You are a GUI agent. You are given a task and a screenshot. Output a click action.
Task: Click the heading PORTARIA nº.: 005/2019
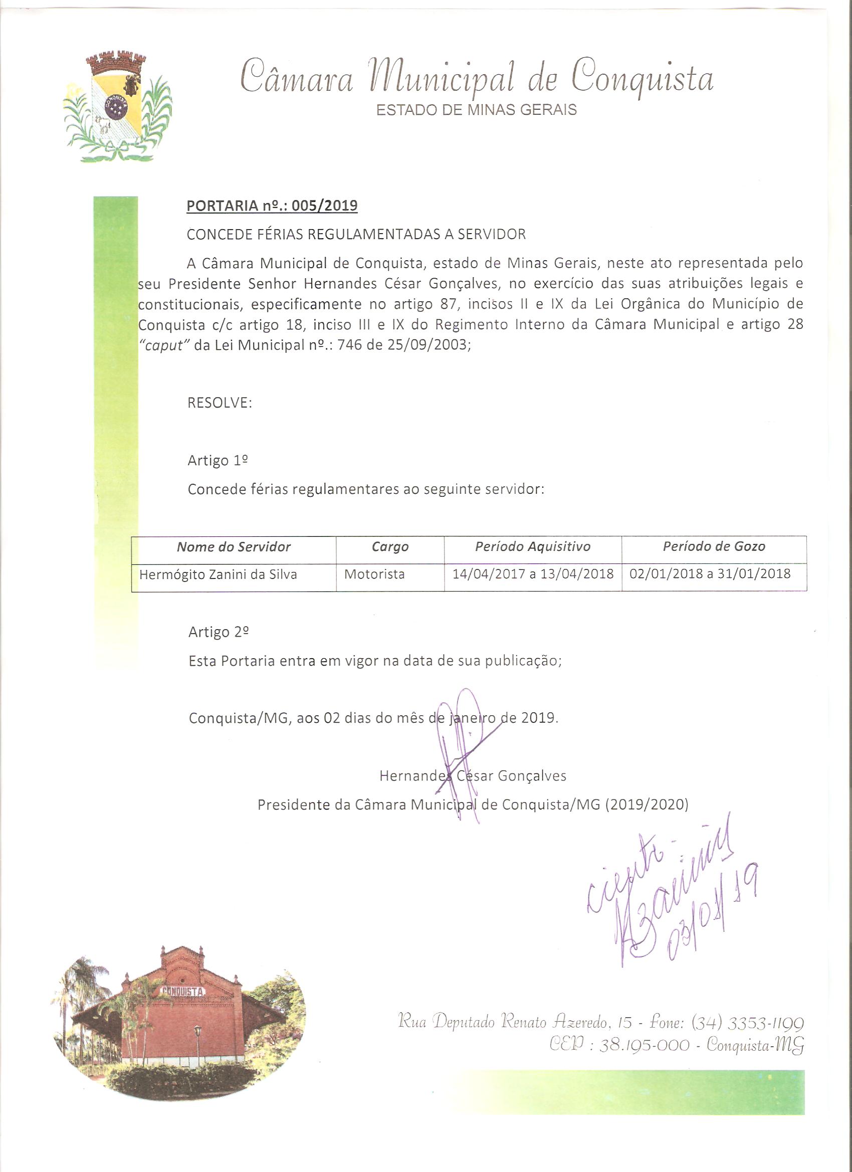pyautogui.click(x=272, y=206)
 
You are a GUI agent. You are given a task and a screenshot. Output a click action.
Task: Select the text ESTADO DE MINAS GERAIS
pyautogui.click(x=477, y=110)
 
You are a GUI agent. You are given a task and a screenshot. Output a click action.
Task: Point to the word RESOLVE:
pyautogui.click(x=220, y=403)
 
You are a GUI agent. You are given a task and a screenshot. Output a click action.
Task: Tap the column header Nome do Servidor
pyautogui.click(x=234, y=547)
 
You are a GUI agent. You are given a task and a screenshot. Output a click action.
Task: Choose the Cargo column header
pyautogui.click(x=390, y=547)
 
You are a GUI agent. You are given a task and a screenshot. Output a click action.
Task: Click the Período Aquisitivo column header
pyautogui.click(x=533, y=546)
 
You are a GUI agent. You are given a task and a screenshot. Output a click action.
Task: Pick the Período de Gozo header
pyautogui.click(x=714, y=546)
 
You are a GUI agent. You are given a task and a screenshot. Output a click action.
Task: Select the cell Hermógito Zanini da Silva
pyautogui.click(x=218, y=574)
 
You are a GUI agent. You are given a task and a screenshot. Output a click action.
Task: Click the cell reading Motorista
pyautogui.click(x=374, y=574)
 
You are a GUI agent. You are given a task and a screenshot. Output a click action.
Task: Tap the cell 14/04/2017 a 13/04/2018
pyautogui.click(x=533, y=573)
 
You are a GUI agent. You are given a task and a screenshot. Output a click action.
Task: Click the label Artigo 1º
pyautogui.click(x=218, y=460)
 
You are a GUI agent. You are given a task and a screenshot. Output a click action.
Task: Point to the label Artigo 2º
pyautogui.click(x=219, y=632)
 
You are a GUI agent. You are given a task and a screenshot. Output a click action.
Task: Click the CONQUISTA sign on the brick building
pyautogui.click(x=183, y=991)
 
